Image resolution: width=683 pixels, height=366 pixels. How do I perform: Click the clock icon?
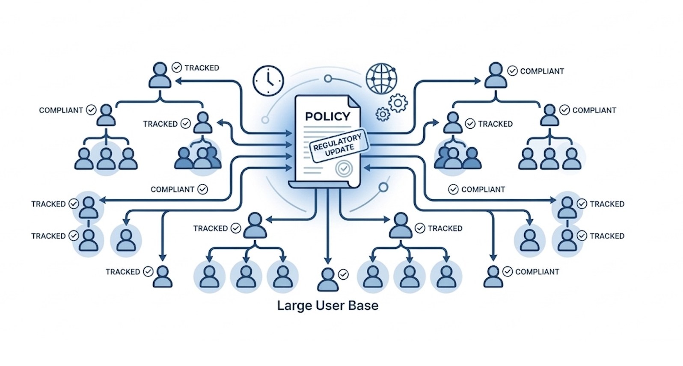[x=268, y=80]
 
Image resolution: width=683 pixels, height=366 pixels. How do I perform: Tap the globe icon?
[x=380, y=79]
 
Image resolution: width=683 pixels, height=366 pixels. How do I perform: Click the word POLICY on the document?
[x=327, y=116]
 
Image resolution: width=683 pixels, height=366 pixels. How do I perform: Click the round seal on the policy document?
[x=344, y=169]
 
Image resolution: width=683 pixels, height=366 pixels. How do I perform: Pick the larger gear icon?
[x=398, y=103]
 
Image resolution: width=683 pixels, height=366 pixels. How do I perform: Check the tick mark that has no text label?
[x=343, y=274]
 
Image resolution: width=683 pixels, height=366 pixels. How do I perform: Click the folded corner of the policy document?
[x=353, y=102]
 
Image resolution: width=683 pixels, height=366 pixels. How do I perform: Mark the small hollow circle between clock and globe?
[x=328, y=79]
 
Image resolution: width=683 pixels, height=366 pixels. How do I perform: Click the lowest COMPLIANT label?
[x=537, y=272]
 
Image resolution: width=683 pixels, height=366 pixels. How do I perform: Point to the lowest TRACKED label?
[x=123, y=272]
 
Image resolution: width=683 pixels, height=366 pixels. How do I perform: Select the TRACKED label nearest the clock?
[x=202, y=68]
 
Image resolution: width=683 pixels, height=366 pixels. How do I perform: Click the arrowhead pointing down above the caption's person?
[x=327, y=260]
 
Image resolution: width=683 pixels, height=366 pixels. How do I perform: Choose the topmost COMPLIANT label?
[x=542, y=71]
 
